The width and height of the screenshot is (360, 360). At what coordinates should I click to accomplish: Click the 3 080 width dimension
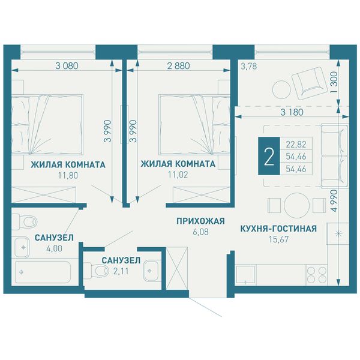coord(67,66)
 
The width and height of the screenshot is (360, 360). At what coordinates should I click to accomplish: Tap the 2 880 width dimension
coord(178,66)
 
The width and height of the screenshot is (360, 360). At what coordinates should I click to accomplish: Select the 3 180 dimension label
coord(292,112)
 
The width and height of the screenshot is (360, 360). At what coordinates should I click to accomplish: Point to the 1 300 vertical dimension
coord(334,82)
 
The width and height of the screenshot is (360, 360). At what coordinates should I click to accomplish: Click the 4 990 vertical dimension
coord(334,200)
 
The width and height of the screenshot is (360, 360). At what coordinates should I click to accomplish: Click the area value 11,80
coord(68,176)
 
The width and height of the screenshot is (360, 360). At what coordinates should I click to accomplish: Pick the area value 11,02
coord(178,175)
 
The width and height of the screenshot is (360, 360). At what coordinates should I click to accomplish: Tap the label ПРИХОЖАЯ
coord(200,221)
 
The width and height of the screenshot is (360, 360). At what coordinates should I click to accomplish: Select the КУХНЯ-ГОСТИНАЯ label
coord(278,229)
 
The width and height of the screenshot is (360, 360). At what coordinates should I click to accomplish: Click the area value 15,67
coord(278,239)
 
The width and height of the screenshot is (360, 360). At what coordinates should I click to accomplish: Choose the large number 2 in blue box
coord(269,156)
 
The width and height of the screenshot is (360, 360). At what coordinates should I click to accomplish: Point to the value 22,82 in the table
coord(296,145)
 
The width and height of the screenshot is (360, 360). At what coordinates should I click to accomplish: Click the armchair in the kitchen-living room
coord(310,83)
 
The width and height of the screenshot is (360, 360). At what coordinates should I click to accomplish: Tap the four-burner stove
coord(317,275)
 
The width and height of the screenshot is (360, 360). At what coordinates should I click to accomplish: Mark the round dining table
coord(295,205)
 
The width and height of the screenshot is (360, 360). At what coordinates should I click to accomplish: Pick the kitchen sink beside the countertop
coord(245,275)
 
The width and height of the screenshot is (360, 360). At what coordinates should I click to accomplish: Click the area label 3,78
coord(248,67)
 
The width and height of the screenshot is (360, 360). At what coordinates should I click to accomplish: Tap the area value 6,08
coord(200,232)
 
